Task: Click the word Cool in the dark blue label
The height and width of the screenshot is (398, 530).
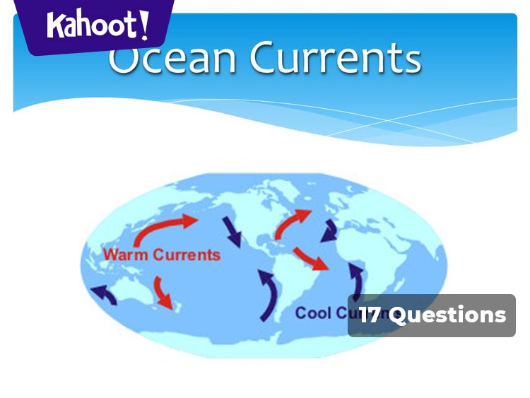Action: (x=313, y=312)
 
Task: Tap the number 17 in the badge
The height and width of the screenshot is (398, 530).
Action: (x=370, y=315)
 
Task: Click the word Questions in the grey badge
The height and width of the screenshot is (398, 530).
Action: (x=447, y=315)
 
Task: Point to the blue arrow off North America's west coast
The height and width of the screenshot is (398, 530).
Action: (x=232, y=231)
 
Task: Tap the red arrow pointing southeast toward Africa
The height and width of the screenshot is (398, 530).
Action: (x=311, y=258)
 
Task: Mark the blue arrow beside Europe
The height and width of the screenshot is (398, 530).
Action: (x=329, y=230)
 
